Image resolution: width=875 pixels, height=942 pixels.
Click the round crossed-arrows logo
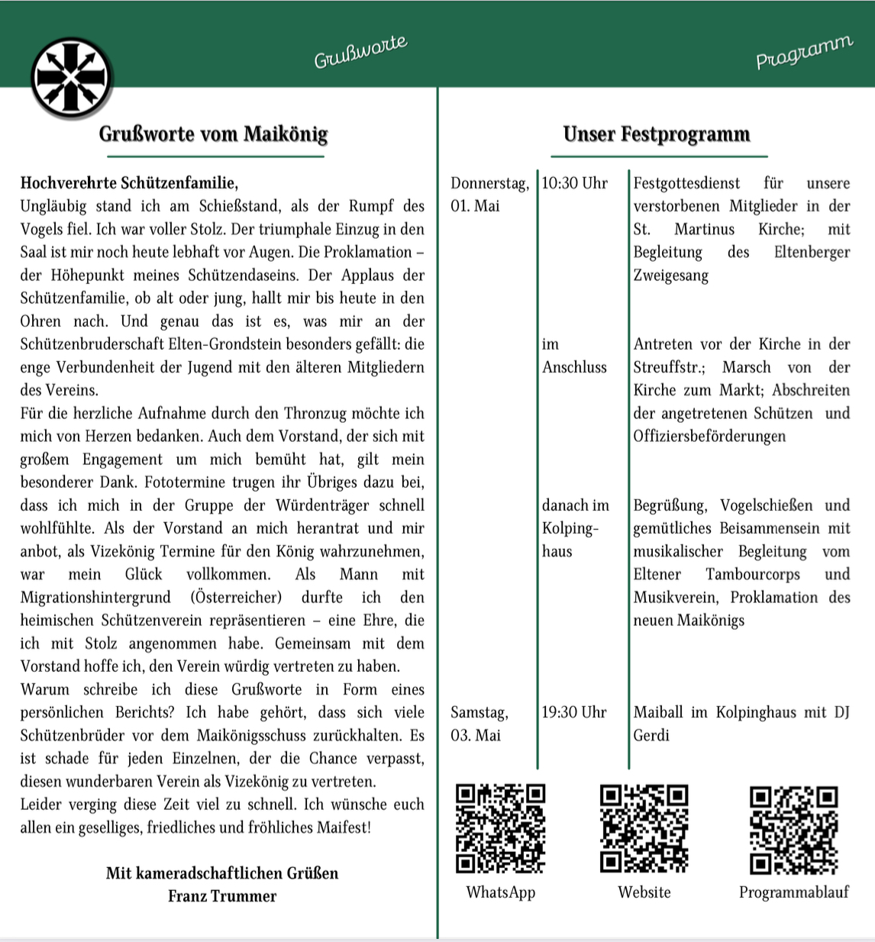click(x=71, y=77)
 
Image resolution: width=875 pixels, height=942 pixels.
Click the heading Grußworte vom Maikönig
click(x=213, y=134)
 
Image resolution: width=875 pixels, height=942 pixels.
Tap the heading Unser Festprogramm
click(x=656, y=134)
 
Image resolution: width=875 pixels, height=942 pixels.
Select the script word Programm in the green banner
click(x=803, y=52)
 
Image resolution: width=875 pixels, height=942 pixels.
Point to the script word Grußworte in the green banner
click(x=360, y=53)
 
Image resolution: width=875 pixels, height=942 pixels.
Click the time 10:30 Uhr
click(x=574, y=183)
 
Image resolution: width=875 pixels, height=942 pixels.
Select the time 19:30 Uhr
click(x=574, y=712)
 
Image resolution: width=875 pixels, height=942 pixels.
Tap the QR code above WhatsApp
click(x=501, y=828)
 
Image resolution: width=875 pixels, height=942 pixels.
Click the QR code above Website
click(x=644, y=828)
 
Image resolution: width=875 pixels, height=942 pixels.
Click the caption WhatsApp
click(x=501, y=892)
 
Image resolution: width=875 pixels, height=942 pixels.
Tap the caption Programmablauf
click(x=794, y=892)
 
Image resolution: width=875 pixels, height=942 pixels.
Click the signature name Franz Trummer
click(x=222, y=896)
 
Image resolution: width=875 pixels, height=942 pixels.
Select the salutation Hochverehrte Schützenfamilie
click(x=129, y=183)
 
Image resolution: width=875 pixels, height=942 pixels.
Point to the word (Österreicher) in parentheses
click(x=236, y=597)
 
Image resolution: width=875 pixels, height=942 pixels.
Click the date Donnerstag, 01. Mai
click(x=489, y=194)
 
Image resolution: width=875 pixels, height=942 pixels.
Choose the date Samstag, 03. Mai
click(x=479, y=724)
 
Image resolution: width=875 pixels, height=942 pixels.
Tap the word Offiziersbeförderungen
click(x=709, y=437)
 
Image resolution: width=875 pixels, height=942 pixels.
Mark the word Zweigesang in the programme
click(x=670, y=276)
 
